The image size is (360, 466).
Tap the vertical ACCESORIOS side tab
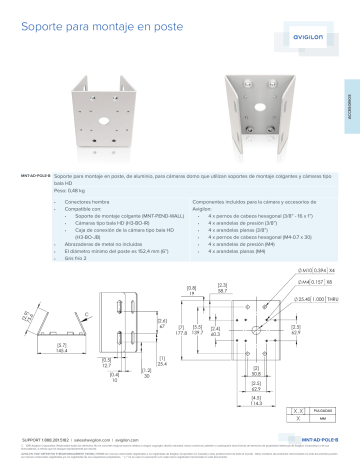352,101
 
